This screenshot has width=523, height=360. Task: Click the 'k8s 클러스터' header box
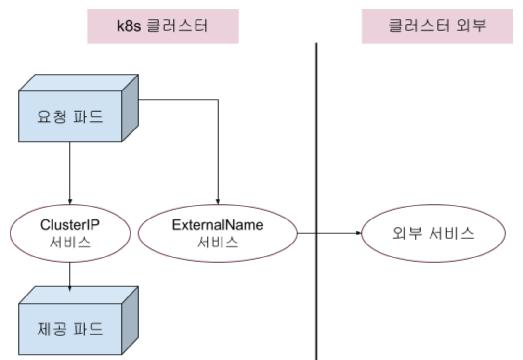(x=163, y=26)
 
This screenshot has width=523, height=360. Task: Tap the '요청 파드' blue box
(x=70, y=117)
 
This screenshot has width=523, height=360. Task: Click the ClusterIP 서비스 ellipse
(x=70, y=233)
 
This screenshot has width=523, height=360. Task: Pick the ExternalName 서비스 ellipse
(x=218, y=233)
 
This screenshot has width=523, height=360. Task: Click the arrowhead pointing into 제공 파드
(x=70, y=288)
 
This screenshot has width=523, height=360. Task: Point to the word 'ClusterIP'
(x=70, y=225)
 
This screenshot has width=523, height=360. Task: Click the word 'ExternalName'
(x=218, y=225)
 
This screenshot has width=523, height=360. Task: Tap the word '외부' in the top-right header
(x=471, y=26)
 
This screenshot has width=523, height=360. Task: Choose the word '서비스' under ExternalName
(x=218, y=242)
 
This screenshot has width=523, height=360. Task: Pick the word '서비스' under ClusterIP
(x=70, y=242)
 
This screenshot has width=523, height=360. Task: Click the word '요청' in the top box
(x=50, y=117)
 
